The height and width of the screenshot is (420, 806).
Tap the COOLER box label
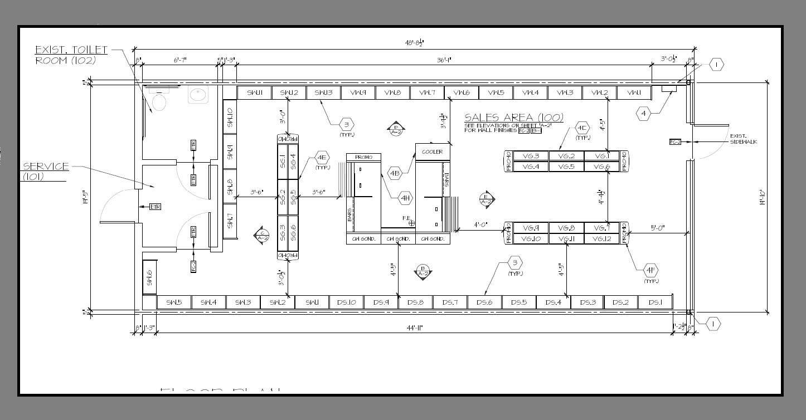pyautogui.click(x=432, y=152)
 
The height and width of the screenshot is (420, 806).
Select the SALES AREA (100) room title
pyautogui.click(x=513, y=118)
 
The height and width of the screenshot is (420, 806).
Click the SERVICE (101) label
pyautogui.click(x=46, y=171)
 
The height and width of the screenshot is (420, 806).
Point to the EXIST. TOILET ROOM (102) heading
pyautogui.click(x=71, y=55)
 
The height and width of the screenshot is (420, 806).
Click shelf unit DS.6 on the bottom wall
pyautogui.click(x=484, y=302)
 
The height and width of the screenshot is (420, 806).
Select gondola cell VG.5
pyautogui.click(x=566, y=167)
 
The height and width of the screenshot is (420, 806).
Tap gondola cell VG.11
pyautogui.click(x=566, y=239)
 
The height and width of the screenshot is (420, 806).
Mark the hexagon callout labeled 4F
pyautogui.click(x=650, y=271)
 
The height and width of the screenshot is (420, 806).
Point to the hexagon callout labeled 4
pyautogui.click(x=644, y=114)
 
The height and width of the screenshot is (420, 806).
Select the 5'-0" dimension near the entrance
pyautogui.click(x=658, y=228)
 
